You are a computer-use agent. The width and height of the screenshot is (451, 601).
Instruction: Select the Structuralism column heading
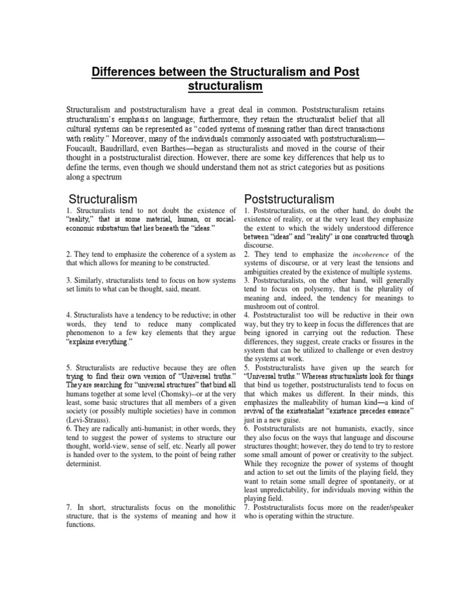coord(103,200)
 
